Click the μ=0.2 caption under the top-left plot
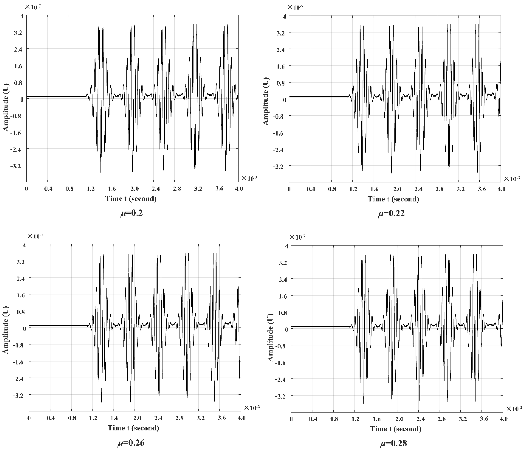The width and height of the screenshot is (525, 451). [131, 213]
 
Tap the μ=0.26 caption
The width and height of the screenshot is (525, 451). [131, 442]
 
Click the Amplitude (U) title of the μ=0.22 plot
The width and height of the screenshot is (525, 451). [266, 101]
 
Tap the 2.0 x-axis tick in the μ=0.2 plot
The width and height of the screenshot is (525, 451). [135, 189]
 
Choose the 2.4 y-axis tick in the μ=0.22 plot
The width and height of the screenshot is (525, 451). [281, 49]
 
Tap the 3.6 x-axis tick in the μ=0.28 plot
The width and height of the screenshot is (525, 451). [484, 419]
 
